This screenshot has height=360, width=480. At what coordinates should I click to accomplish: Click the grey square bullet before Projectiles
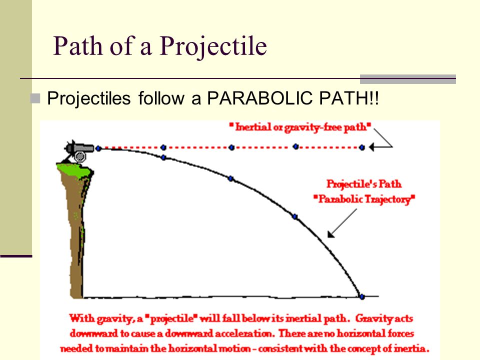(x=35, y=98)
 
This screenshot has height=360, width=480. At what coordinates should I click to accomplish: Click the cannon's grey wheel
(x=80, y=156)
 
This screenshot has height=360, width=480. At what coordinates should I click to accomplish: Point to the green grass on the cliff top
(x=74, y=170)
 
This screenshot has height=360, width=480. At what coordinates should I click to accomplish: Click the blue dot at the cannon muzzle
(x=98, y=149)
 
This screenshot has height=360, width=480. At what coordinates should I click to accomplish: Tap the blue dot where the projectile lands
(x=362, y=296)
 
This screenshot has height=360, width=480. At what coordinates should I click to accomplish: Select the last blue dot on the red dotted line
(x=362, y=147)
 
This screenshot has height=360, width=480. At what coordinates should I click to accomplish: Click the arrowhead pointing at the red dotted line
(x=371, y=147)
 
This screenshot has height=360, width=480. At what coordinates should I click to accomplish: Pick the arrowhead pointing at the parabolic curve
(x=331, y=234)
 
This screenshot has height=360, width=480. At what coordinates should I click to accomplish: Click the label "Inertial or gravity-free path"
(x=300, y=127)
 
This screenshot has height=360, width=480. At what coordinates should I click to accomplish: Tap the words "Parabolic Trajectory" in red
(x=364, y=199)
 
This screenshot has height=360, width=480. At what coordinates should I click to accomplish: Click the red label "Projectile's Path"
(x=364, y=183)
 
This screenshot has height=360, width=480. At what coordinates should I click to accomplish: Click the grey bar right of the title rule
(x=408, y=79)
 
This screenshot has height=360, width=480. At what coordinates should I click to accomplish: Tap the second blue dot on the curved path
(x=163, y=157)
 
